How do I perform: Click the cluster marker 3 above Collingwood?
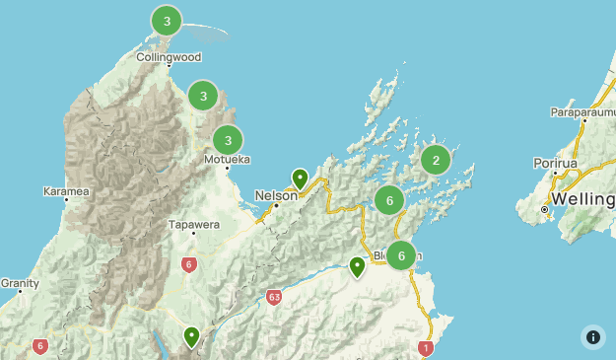point(167,20)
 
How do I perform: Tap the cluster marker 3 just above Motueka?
point(228,139)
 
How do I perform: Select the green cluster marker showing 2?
point(436,159)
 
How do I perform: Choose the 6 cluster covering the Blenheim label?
point(400,255)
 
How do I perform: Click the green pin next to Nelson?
point(300,180)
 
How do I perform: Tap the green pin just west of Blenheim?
point(358,266)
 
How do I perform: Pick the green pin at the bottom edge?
point(191,337)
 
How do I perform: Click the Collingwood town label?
point(170,57)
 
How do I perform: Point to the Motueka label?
point(227,159)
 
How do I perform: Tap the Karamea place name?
point(66,190)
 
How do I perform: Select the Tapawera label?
point(193,224)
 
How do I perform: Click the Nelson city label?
point(276,195)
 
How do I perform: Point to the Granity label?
point(20,283)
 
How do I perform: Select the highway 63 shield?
point(274,296)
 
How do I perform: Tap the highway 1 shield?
point(426,347)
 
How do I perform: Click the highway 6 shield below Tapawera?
point(189,264)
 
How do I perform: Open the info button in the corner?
point(593,337)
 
